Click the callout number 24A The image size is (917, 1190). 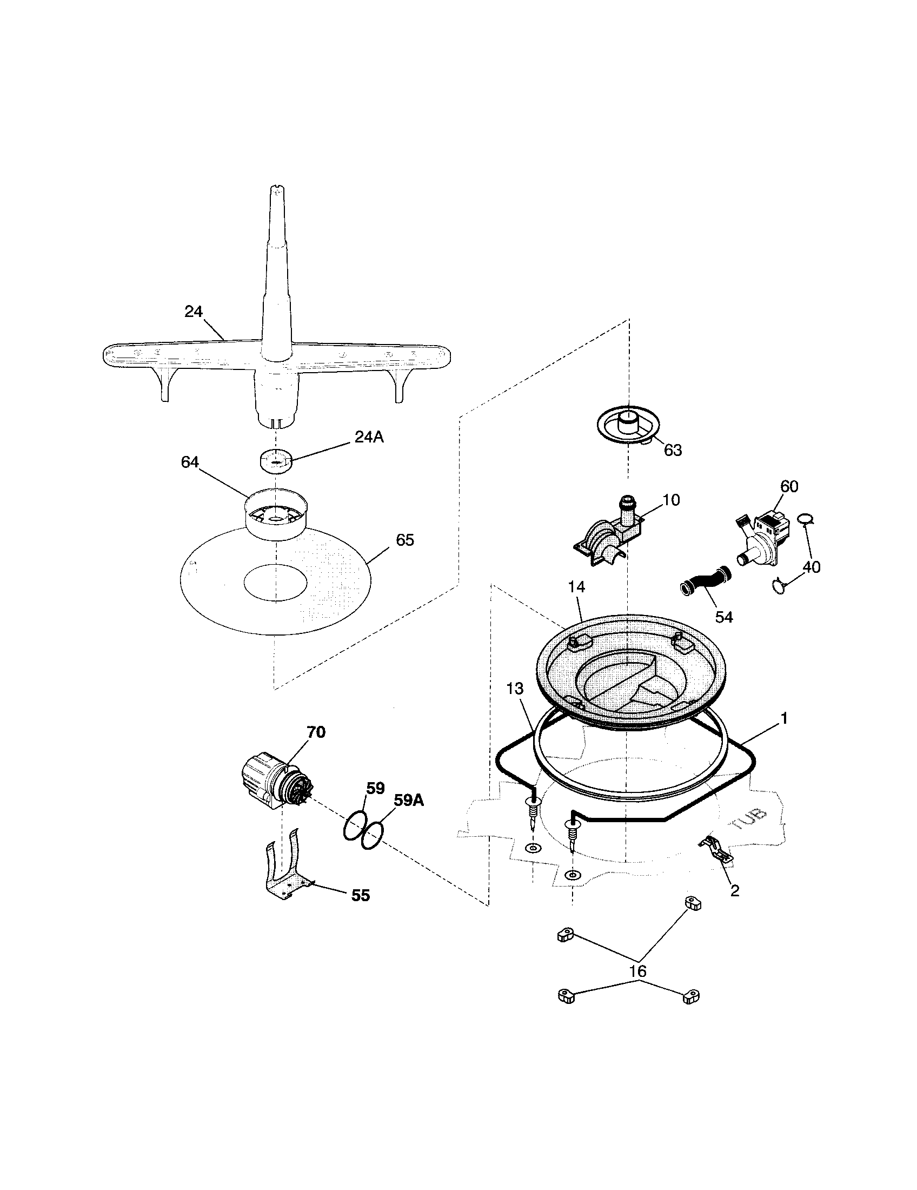(369, 438)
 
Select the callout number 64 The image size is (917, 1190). (190, 462)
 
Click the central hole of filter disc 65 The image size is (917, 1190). (276, 583)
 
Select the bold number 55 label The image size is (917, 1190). (361, 895)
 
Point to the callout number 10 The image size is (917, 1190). (672, 500)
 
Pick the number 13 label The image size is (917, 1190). (515, 689)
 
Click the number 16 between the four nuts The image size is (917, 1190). (637, 971)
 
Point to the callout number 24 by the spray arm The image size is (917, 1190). (194, 312)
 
